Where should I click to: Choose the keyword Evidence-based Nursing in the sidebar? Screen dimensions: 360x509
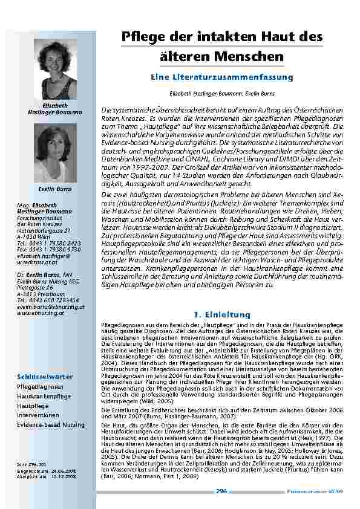pyautogui.click(x=51, y=425)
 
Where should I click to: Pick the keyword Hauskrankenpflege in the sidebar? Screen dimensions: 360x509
pyautogui.click(x=44, y=396)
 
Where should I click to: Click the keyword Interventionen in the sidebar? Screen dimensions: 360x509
pyautogui.click(x=38, y=415)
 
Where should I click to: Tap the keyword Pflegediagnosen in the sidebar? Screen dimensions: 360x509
pyautogui.click(x=40, y=386)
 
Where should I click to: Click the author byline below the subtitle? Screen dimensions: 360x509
pyautogui.click(x=222, y=94)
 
